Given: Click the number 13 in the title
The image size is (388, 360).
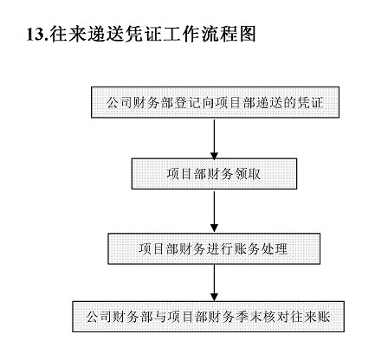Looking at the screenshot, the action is (36, 35).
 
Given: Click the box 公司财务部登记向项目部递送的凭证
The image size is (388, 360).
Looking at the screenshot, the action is (215, 102).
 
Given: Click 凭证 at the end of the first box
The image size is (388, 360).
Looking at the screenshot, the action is (310, 103).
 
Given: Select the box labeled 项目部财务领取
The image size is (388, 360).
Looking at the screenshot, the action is (214, 174).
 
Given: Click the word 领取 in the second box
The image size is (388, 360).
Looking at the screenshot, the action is (248, 174).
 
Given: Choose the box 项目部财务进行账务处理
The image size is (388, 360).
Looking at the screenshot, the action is (214, 248).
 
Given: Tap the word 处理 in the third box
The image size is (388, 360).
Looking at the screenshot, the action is (275, 249).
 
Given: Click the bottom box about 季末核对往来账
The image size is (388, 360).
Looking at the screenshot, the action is (208, 317).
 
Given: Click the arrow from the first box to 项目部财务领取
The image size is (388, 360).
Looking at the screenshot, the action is (214, 139).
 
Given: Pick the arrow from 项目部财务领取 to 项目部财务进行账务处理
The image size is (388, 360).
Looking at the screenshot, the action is (214, 212).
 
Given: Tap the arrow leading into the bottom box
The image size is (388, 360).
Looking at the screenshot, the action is (214, 283).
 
